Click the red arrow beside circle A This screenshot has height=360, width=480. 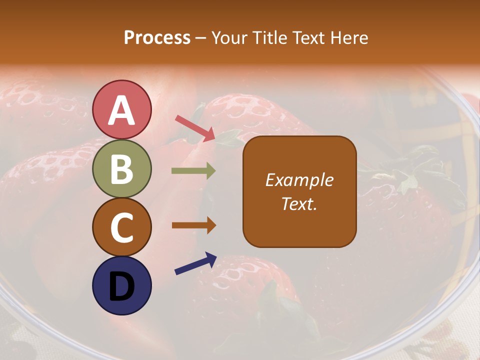195,128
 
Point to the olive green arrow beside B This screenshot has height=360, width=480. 193,171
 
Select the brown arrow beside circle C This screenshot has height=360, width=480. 193,225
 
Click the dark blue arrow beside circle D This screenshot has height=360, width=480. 195,263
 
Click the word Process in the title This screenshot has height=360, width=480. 157,38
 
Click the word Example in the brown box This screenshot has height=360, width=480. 299,180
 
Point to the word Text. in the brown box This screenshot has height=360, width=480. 299,203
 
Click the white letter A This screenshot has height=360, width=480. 122,110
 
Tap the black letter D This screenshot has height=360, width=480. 122,287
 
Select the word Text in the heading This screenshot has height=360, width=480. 308,38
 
